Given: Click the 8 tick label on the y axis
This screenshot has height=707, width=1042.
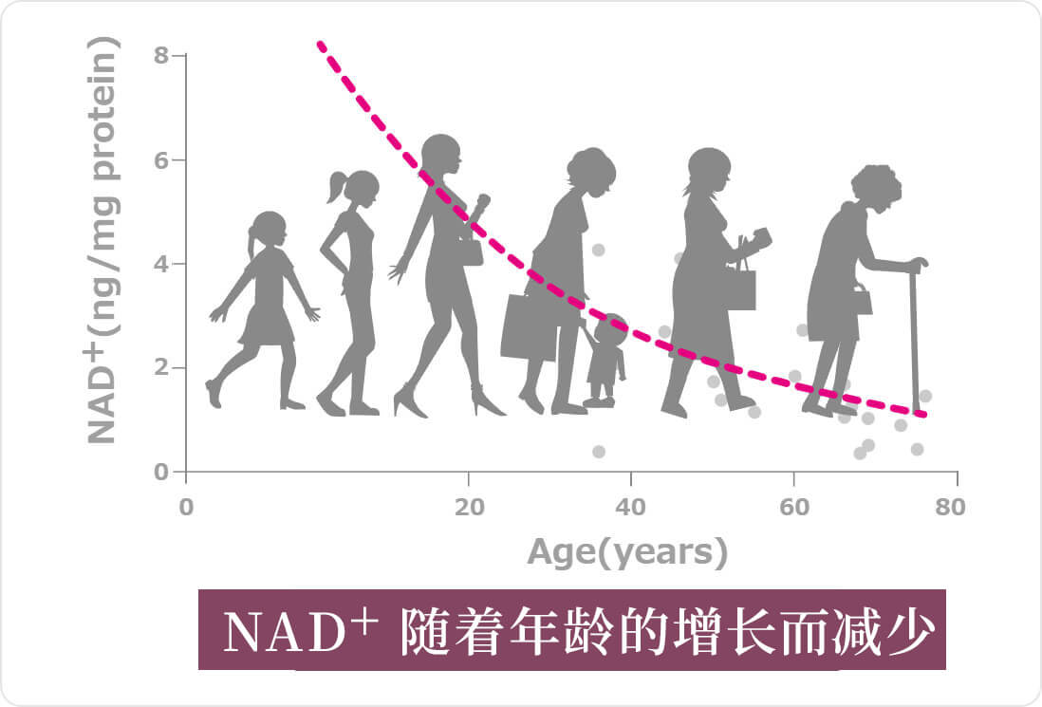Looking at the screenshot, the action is pyautogui.click(x=160, y=55).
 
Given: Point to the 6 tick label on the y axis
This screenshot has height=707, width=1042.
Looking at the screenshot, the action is pyautogui.click(x=160, y=160).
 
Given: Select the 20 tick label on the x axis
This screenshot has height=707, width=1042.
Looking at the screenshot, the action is pyautogui.click(x=470, y=507).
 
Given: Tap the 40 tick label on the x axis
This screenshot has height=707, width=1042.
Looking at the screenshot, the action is pyautogui.click(x=631, y=507).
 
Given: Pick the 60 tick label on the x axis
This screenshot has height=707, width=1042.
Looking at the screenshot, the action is pyautogui.click(x=795, y=507).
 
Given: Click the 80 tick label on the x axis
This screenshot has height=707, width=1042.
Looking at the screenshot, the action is pyautogui.click(x=950, y=507).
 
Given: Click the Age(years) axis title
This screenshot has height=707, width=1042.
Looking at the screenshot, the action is pyautogui.click(x=627, y=552).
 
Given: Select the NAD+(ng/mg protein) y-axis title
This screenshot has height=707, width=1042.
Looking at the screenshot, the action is pyautogui.click(x=103, y=240).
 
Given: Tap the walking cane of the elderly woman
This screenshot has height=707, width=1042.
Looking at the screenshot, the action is pyautogui.click(x=916, y=332).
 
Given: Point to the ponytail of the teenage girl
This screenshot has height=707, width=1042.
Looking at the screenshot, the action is pyautogui.click(x=337, y=187).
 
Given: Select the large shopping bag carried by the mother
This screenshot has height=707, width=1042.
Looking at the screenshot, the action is pyautogui.click(x=529, y=326).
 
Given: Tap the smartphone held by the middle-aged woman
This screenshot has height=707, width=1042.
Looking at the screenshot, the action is pyautogui.click(x=762, y=236).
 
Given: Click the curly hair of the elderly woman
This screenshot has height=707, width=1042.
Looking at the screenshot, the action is pyautogui.click(x=877, y=183).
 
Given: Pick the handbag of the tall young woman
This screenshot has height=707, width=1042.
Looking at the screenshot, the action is pyautogui.click(x=471, y=251).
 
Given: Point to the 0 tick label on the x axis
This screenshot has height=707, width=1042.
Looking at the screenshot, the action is pyautogui.click(x=186, y=507).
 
